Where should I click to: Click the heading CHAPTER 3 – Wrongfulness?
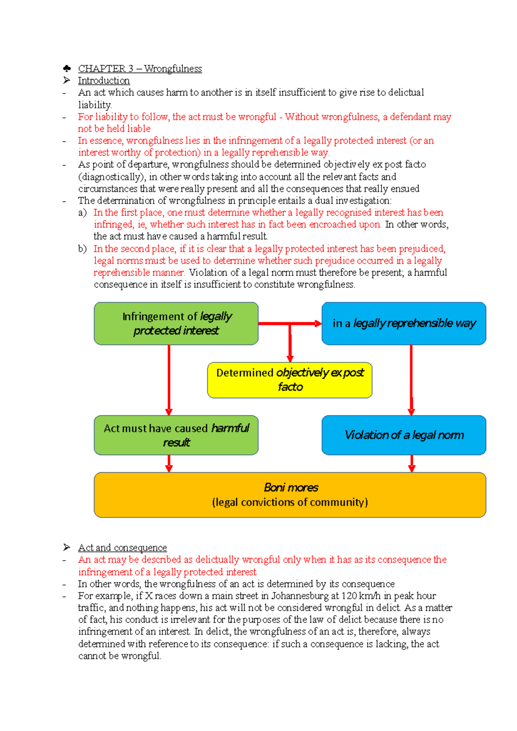140,68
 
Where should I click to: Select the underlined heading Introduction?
103,81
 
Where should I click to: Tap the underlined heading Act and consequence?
122,548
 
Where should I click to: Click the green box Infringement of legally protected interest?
176,323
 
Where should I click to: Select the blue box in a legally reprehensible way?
404,323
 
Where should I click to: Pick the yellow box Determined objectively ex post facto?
290,380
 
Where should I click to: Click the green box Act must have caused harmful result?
176,435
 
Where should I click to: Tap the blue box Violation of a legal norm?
404,435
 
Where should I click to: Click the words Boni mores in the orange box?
291,487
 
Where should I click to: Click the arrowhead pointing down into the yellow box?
290,359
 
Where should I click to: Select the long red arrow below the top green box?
169,379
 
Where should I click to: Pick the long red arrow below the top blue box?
411,379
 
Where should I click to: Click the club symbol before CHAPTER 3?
67,68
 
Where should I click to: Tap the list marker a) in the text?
82,213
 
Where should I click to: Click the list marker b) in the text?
82,249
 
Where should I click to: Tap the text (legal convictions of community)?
290,502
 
